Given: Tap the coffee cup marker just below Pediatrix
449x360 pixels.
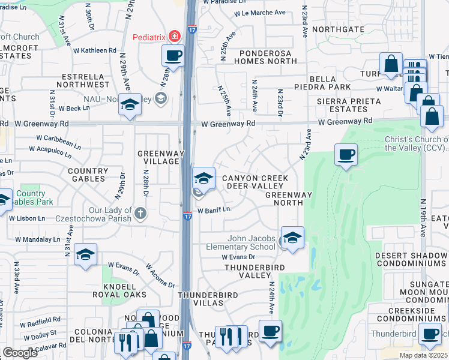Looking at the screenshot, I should pos(173,56).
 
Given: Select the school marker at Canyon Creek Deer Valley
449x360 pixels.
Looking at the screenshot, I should pos(203,178).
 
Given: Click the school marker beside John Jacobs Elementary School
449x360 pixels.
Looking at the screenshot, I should pos(292,238).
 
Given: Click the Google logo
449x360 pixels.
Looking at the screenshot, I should pos(20,353).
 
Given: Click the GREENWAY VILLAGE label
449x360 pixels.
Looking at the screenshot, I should pos(159,157).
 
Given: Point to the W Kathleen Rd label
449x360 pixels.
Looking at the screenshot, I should pos(95,50).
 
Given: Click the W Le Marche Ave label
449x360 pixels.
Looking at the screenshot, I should pos(259,13).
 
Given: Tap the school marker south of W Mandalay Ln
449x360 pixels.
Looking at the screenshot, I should pos(85,255).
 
